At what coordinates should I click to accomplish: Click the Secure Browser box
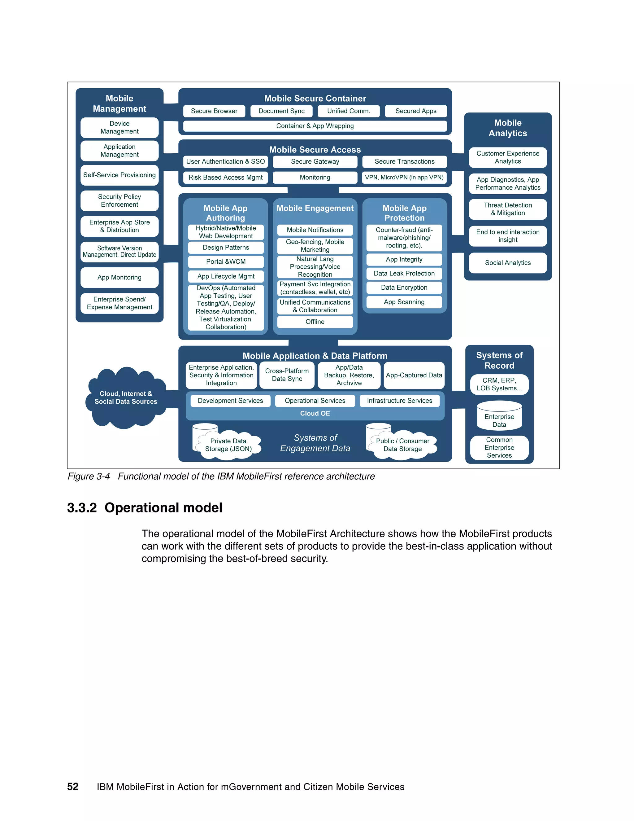tap(214, 111)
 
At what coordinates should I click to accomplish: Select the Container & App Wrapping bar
tap(315, 126)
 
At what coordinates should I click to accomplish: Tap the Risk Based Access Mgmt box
tap(225, 178)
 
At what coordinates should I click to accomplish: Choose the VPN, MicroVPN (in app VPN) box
tap(404, 178)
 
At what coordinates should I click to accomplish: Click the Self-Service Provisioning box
tap(119, 175)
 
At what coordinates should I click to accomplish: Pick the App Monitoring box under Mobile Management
tap(119, 277)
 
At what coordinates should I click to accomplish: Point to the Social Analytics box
tap(508, 263)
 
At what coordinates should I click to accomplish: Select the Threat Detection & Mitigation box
tap(508, 209)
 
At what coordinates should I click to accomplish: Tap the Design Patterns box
tap(226, 247)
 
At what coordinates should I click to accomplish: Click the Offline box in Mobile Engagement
tap(315, 322)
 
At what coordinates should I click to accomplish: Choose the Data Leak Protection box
tap(404, 273)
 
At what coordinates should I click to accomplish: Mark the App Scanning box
tap(404, 302)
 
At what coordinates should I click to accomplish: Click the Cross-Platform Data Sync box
tap(287, 375)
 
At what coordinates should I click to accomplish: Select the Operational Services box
tap(315, 401)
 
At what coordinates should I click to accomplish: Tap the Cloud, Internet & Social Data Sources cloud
tap(126, 398)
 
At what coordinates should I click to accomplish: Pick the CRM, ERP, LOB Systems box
tap(499, 384)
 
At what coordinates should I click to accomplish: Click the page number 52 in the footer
tap(73, 787)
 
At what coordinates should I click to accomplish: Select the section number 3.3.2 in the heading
tap(82, 508)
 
